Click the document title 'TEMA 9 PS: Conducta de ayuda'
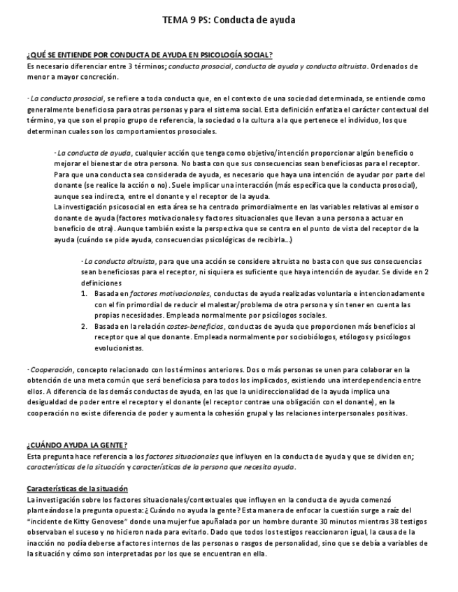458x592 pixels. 229,20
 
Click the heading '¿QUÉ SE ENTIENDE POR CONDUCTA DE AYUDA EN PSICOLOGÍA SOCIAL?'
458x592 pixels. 150,54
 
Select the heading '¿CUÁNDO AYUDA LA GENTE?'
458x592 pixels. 77,445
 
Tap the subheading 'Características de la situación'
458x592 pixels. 77,488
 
